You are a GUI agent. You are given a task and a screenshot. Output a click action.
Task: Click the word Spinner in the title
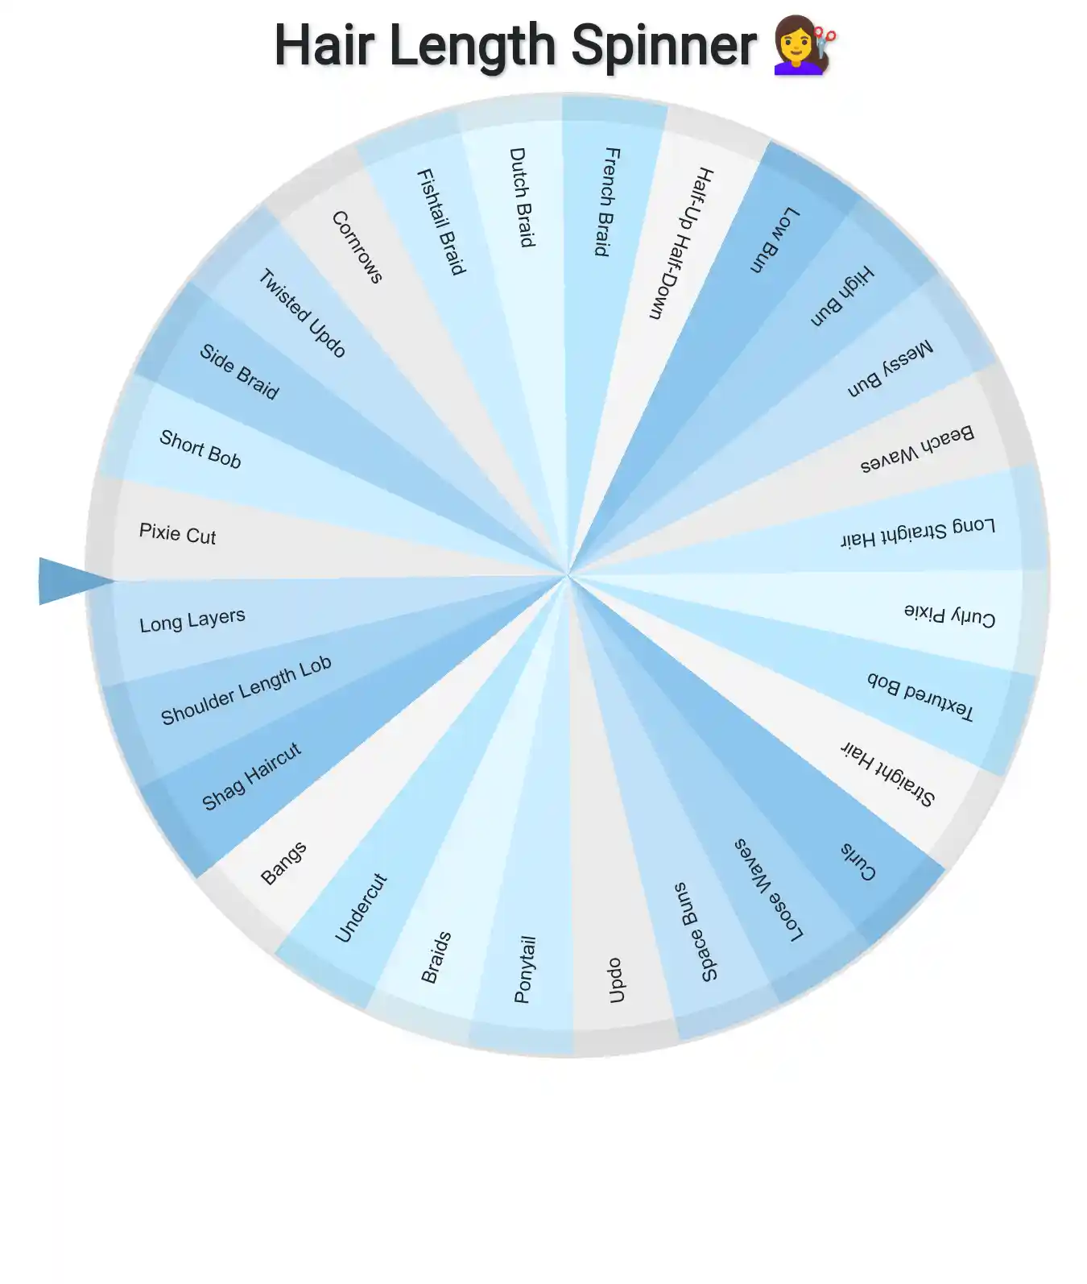pos(663,46)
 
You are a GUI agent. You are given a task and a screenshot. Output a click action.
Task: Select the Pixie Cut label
pos(177,534)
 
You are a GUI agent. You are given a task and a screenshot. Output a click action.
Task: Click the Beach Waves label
pos(917,449)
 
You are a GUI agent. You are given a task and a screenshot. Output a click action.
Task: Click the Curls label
pos(858,861)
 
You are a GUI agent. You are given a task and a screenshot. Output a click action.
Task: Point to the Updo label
pos(615,980)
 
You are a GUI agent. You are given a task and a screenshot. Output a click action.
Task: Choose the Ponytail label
pos(523,969)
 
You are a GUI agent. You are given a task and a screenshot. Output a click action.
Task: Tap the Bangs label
pos(283,863)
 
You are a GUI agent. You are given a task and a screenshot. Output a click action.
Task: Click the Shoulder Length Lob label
pos(246,690)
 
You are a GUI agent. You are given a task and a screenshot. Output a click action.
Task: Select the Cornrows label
pos(357,246)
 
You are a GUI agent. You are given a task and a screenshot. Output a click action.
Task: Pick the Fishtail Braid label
pos(441,222)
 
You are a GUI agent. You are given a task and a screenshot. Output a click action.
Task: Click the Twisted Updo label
pos(302,313)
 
